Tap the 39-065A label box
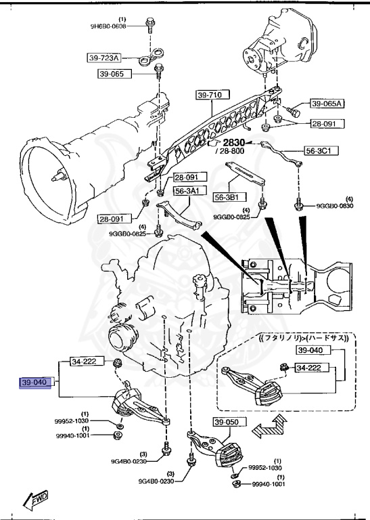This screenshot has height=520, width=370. coord(327,104)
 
